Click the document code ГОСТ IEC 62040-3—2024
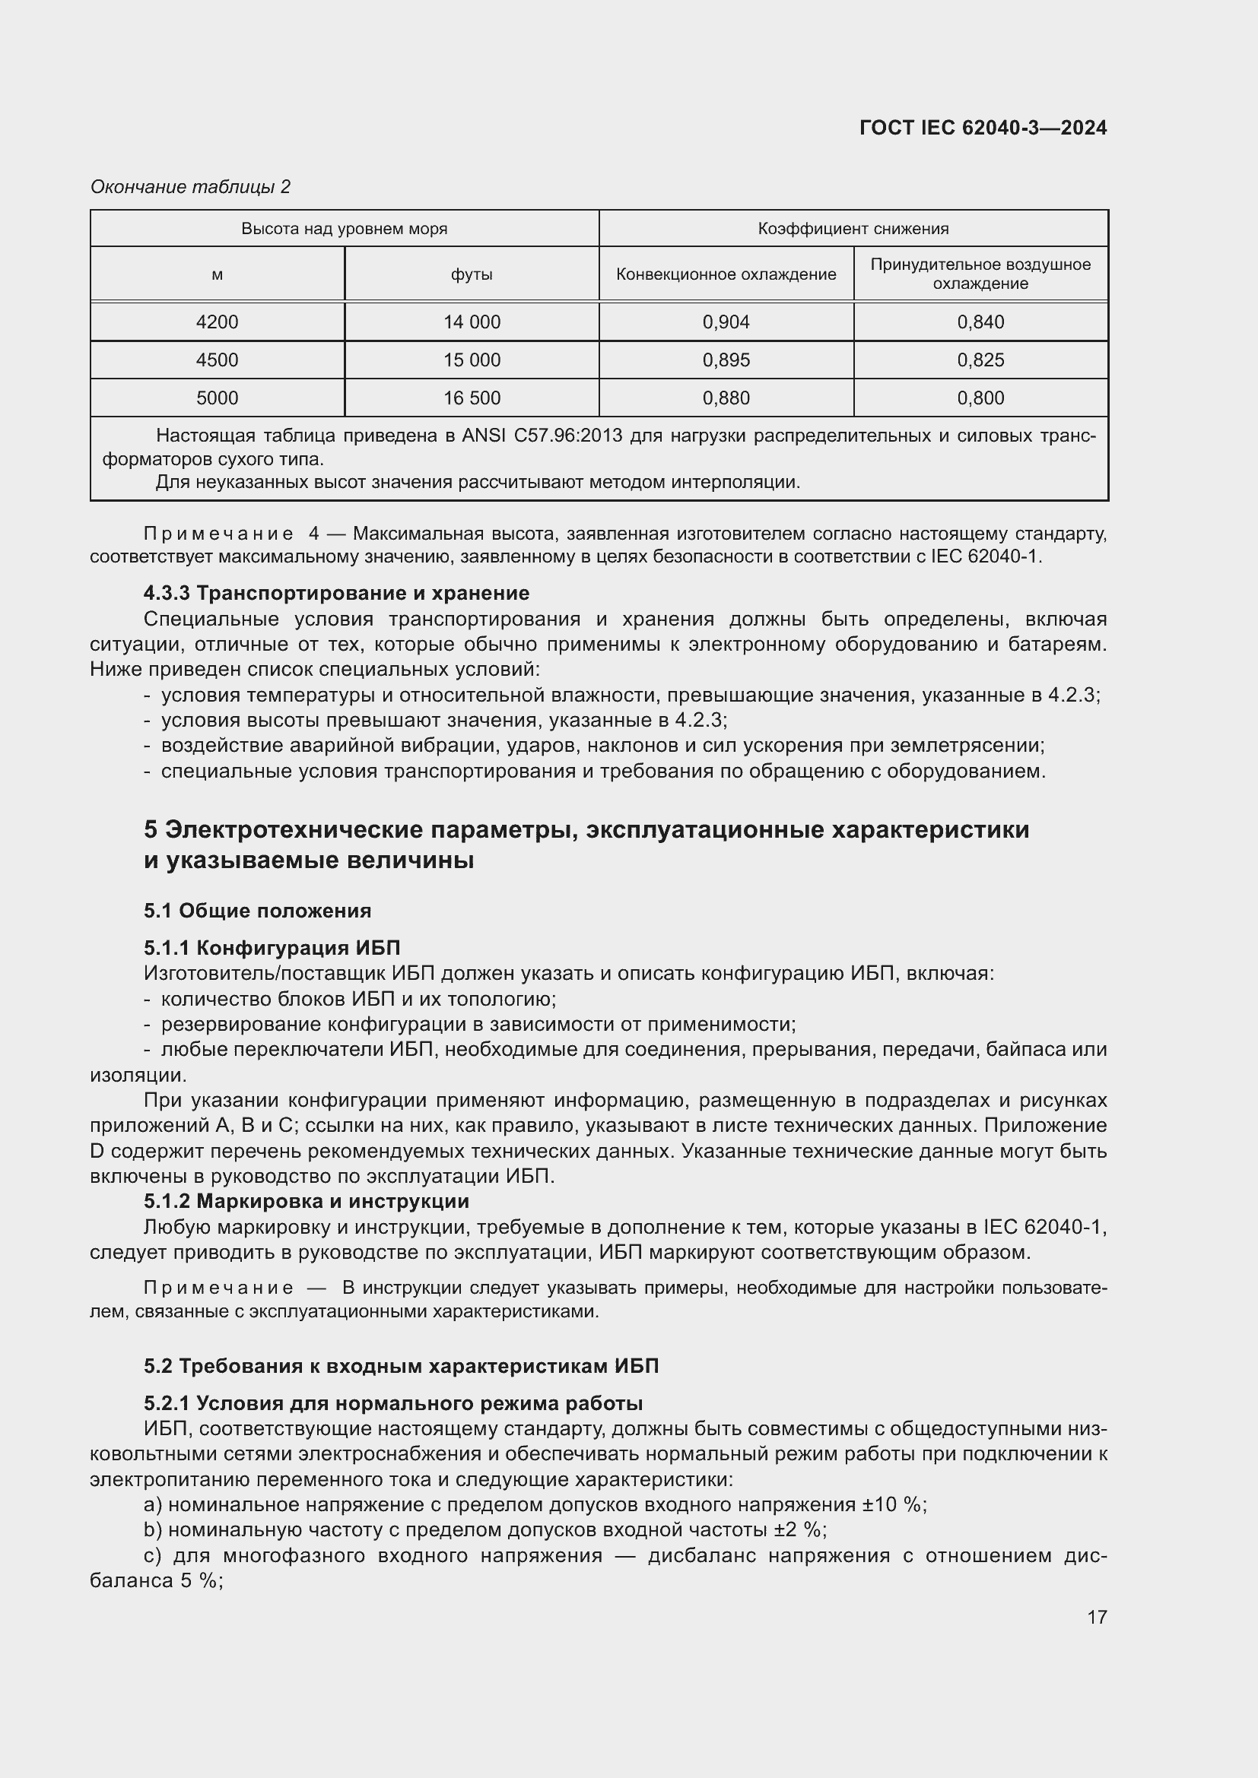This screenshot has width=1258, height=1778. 982,128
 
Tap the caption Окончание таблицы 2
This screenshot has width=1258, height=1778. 191,187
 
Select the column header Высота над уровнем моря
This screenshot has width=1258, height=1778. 344,229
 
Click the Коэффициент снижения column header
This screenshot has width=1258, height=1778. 853,229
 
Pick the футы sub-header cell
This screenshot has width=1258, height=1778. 471,274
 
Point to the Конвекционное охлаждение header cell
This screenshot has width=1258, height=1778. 726,274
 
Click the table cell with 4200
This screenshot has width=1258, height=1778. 217,322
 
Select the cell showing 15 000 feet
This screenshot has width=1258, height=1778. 471,360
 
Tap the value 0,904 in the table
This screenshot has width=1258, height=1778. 726,322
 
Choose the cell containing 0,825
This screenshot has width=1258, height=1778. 980,360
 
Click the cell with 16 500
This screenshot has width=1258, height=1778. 471,398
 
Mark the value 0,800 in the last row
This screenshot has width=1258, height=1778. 980,398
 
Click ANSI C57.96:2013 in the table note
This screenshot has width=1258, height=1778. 542,436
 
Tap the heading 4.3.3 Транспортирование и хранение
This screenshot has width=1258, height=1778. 336,593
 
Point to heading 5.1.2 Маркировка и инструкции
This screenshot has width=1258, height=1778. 306,1201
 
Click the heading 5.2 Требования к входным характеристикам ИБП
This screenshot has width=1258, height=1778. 401,1365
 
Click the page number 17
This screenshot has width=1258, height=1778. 1096,1617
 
